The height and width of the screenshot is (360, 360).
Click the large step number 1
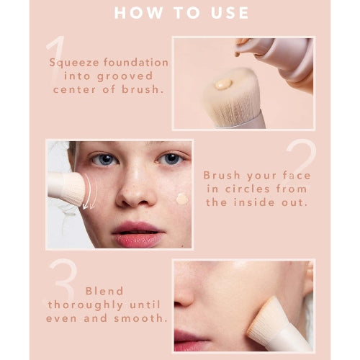(x=55, y=53)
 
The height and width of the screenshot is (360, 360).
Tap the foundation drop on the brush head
(x=223, y=84)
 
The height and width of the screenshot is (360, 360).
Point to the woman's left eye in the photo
(x=171, y=159)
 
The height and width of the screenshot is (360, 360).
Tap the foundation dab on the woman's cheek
(x=181, y=197)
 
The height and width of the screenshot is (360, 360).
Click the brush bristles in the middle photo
(x=72, y=189)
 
